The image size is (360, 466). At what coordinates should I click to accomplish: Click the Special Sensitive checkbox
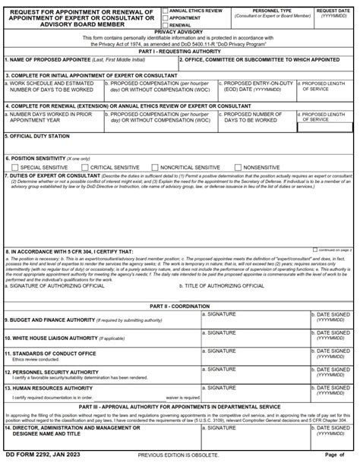pos(14,167)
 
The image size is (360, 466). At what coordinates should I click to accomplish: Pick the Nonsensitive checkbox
pos(238,167)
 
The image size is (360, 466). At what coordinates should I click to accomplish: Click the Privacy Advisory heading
pos(180,33)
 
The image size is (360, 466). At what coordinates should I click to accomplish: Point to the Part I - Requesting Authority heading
pos(180,51)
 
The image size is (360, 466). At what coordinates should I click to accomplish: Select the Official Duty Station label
pos(38,136)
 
